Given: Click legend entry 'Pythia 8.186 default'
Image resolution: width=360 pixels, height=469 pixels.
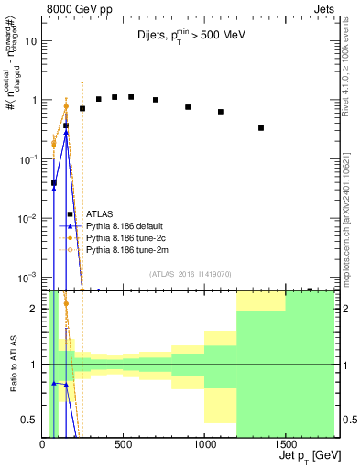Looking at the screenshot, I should tap(125, 225).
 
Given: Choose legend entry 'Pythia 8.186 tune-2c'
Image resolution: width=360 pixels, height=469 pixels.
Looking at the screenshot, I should tap(125, 237).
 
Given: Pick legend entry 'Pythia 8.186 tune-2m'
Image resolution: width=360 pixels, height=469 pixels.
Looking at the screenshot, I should tap(125, 249).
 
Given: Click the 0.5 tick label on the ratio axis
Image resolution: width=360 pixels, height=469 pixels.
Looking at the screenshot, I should tap(29, 420).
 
